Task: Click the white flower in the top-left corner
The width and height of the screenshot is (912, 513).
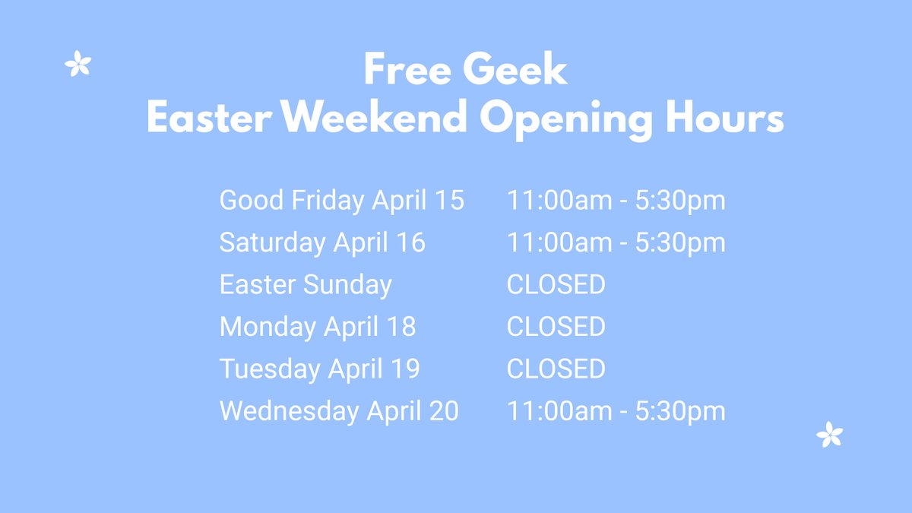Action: coord(78,64)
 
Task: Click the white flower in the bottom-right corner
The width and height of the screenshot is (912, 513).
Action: coord(829,435)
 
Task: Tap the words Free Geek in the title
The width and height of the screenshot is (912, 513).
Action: coord(465,71)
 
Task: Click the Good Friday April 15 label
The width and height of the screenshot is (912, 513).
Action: coord(341,201)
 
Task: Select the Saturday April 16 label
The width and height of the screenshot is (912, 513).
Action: coord(322,242)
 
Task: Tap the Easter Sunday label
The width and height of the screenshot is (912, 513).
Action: coord(306,285)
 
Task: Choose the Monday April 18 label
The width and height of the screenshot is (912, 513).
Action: coord(318,327)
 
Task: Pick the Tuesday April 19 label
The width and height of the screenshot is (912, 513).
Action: coord(319,369)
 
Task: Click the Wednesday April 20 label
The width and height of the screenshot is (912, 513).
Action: coord(339,411)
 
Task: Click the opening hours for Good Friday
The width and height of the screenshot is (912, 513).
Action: coord(616,201)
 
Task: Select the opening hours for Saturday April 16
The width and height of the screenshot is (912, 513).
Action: coord(616,242)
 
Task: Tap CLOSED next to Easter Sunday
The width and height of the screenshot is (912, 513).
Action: coord(556,285)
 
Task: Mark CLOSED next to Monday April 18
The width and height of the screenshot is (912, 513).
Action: coord(556,327)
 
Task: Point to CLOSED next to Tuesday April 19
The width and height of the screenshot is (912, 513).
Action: coord(556,369)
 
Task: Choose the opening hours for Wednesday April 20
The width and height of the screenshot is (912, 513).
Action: coord(616,411)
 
